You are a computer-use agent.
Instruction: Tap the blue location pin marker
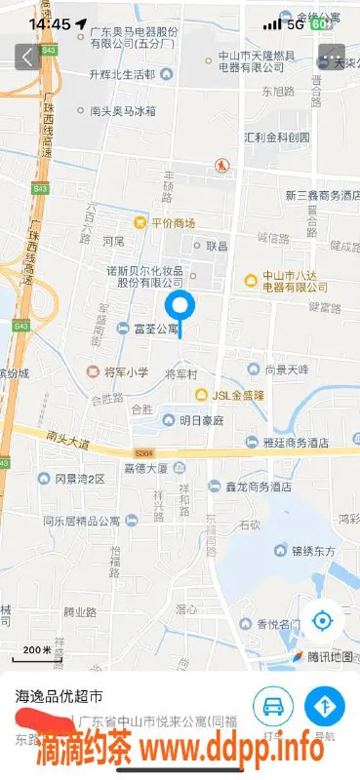(179, 305)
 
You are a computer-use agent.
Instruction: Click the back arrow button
(26, 57)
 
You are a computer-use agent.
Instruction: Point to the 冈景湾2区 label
(78, 479)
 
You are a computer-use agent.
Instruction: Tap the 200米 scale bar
(38, 650)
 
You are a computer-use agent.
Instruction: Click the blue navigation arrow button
(325, 705)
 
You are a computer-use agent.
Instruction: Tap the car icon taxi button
(273, 705)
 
